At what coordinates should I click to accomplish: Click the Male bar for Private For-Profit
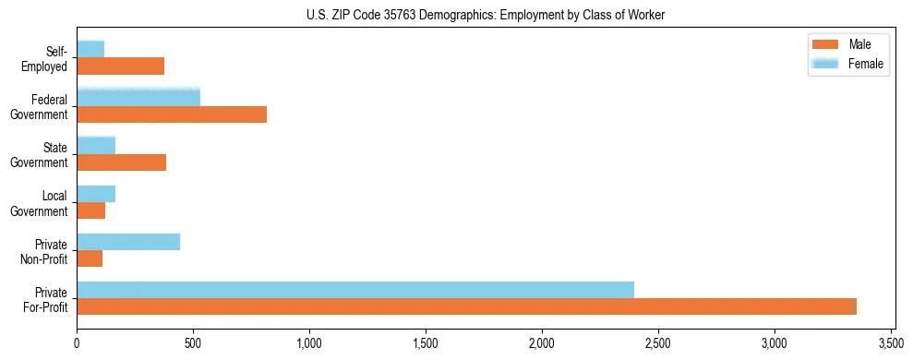pyautogui.click(x=466, y=306)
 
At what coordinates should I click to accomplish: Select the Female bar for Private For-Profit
pyautogui.click(x=355, y=290)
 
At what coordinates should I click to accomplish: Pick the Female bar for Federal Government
pyautogui.click(x=138, y=97)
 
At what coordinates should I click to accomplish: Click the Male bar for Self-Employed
pyautogui.click(x=120, y=66)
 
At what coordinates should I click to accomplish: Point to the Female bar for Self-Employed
pyautogui.click(x=90, y=49)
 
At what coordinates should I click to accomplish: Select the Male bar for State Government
pyautogui.click(x=121, y=162)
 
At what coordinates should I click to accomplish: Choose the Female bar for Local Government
pyautogui.click(x=96, y=194)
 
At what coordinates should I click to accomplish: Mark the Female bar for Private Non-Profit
pyautogui.click(x=128, y=242)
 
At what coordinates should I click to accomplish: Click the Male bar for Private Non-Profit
pyautogui.click(x=90, y=258)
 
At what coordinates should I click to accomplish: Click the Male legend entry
pyautogui.click(x=847, y=45)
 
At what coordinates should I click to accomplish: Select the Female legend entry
pyautogui.click(x=847, y=64)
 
